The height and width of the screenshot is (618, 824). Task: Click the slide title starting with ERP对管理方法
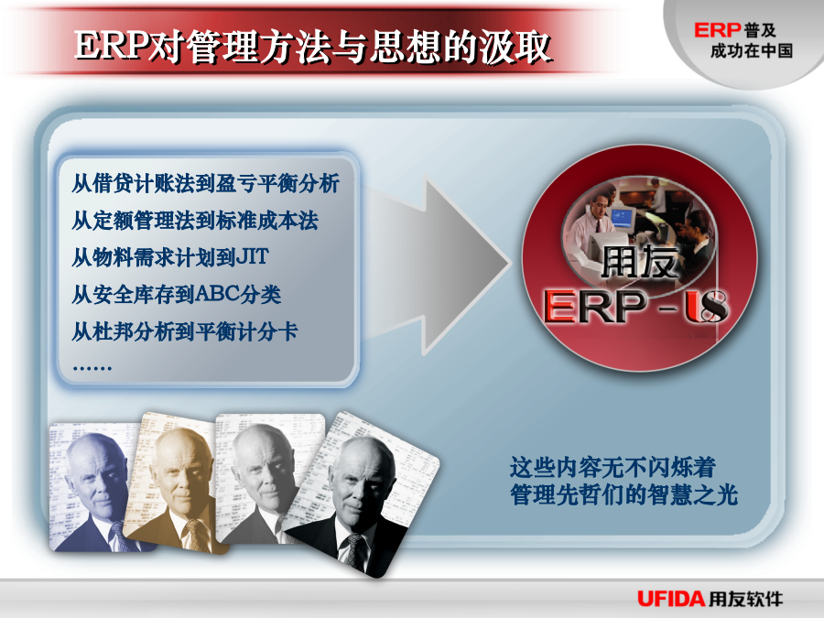pyautogui.click(x=313, y=47)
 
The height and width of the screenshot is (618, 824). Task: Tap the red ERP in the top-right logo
pyautogui.click(x=717, y=30)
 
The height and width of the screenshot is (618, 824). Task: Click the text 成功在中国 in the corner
pyautogui.click(x=752, y=51)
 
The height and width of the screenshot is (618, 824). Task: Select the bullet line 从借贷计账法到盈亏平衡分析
pyautogui.click(x=205, y=183)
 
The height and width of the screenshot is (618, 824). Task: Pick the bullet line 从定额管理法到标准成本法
pyautogui.click(x=195, y=220)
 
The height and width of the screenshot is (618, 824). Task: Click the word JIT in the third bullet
pyautogui.click(x=253, y=257)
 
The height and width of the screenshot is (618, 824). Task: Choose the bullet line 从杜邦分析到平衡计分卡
pyautogui.click(x=184, y=331)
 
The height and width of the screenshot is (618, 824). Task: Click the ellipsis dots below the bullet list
pyautogui.click(x=92, y=368)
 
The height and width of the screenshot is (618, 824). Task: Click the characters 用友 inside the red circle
pyautogui.click(x=639, y=262)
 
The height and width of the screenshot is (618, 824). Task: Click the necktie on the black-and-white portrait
pyautogui.click(x=358, y=551)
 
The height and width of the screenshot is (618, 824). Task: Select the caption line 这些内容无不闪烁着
pyautogui.click(x=613, y=467)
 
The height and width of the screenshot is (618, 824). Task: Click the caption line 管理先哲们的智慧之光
pyautogui.click(x=623, y=495)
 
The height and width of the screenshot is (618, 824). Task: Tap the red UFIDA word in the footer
pyautogui.click(x=670, y=599)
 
